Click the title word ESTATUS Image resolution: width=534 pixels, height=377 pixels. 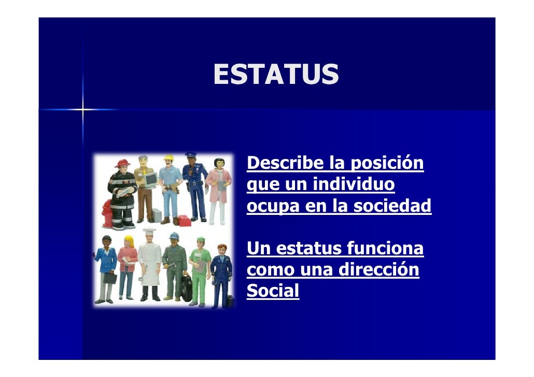pos(275,75)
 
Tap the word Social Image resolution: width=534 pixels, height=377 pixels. pos(273,292)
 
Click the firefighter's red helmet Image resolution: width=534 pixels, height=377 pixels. pos(122,165)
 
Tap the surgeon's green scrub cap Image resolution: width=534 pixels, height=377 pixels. pos(201,240)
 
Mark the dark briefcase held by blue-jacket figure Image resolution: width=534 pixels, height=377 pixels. pos(110,277)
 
